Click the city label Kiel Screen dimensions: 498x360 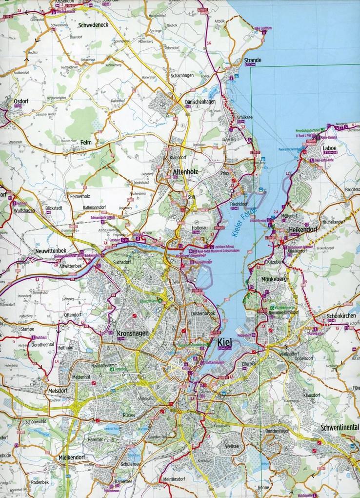pyautogui.click(x=224, y=342)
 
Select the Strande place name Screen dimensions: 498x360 pyautogui.click(x=253, y=61)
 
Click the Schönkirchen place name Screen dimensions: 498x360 pyautogui.click(x=336, y=316)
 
